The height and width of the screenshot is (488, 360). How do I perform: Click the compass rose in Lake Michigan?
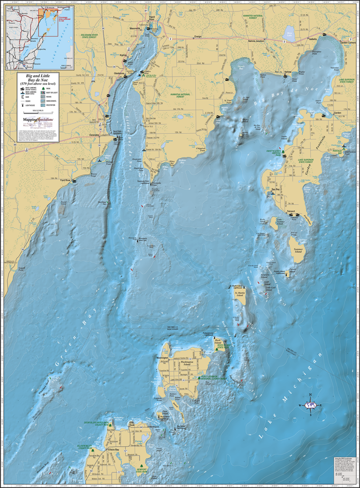(310, 405)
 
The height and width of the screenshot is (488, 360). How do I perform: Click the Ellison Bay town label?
(101, 450)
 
